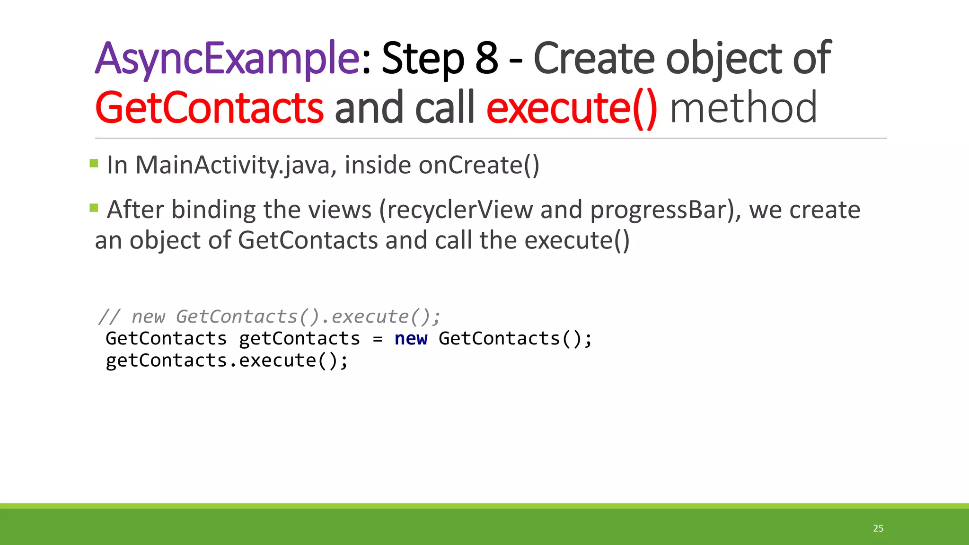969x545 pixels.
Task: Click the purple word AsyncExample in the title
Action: point(227,59)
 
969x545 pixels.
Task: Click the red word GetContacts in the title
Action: point(209,108)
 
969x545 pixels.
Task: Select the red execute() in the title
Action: point(572,108)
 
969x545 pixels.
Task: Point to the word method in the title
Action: point(743,108)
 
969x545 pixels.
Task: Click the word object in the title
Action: point(724,59)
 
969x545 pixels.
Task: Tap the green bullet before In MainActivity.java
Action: point(94,164)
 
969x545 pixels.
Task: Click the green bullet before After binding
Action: point(94,208)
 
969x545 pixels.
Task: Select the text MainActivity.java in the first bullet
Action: point(233,166)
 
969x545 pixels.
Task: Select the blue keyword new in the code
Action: point(411,339)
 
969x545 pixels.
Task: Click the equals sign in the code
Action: point(377,339)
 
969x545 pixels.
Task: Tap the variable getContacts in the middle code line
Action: point(299,339)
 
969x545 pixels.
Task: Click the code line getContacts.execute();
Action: point(227,361)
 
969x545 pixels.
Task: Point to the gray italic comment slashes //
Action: point(109,316)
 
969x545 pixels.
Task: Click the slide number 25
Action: point(878,528)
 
